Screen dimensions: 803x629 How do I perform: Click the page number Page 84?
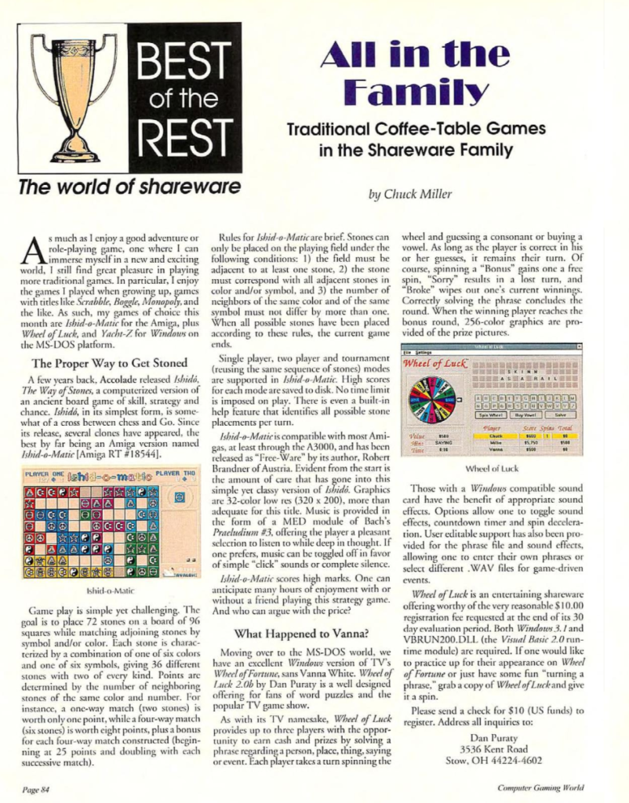coord(35,787)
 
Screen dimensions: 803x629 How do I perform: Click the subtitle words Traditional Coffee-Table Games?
coord(416,129)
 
